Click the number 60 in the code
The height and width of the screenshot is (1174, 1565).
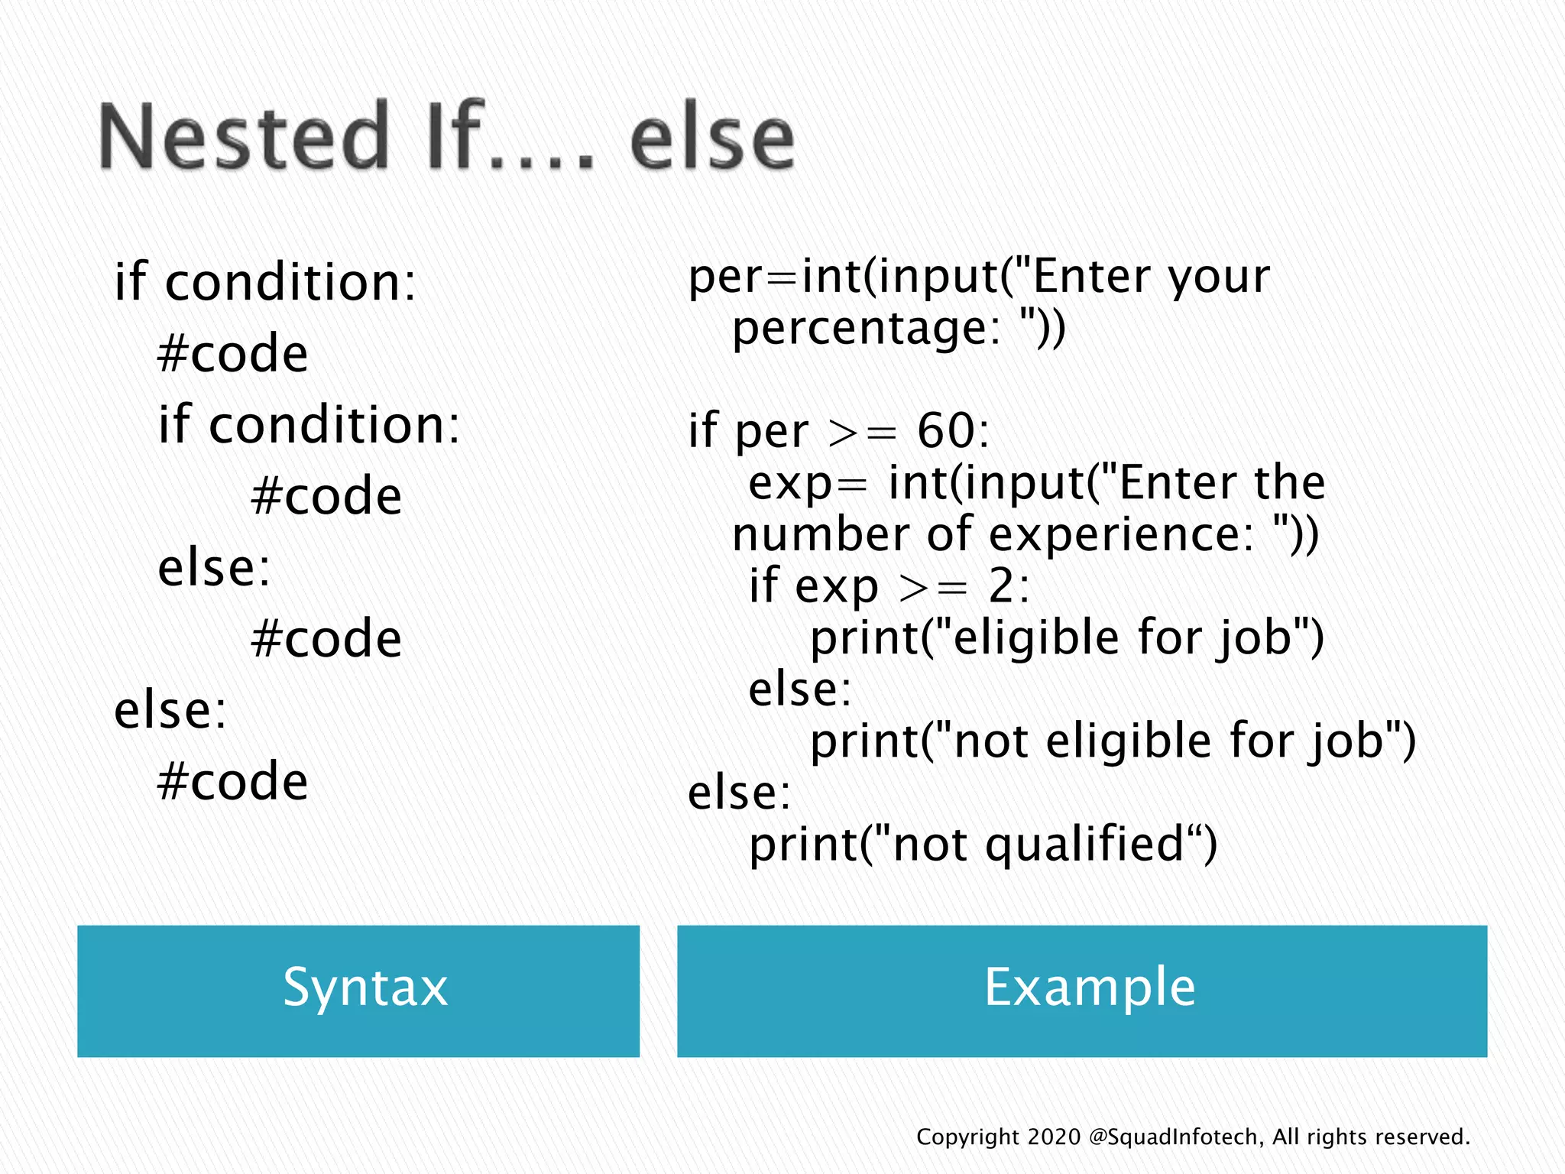[x=946, y=431]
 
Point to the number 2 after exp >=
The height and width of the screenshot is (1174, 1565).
[x=1001, y=587]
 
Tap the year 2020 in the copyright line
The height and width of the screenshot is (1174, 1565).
[x=1054, y=1137]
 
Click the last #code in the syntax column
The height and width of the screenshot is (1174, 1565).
[x=232, y=783]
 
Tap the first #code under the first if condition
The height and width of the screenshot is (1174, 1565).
[x=232, y=355]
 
